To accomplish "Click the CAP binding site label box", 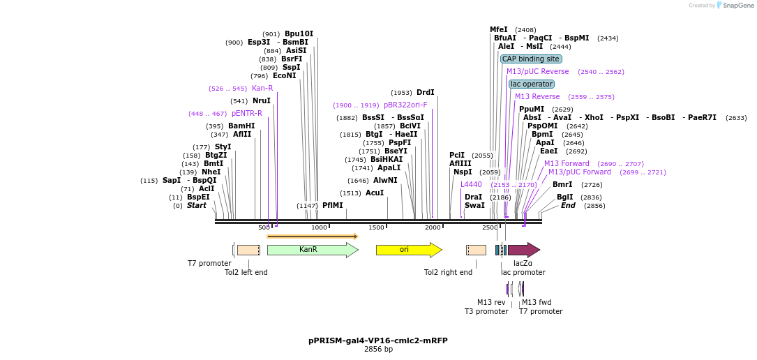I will coord(531,59).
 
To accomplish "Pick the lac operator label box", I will coord(532,84).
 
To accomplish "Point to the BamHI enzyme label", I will coord(241,126).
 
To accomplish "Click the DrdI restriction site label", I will coord(425,93).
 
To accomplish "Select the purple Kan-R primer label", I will coord(262,89).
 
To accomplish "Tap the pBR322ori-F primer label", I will coord(405,105).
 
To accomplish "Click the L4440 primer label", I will coord(471,185).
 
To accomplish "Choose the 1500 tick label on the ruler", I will coord(376,228).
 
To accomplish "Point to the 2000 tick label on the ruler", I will coord(433,228).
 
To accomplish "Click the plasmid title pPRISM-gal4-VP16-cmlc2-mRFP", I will coord(378,341).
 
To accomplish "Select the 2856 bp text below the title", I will coord(378,350).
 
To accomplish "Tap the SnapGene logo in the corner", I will coord(735,6).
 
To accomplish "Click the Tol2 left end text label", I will coord(246,272).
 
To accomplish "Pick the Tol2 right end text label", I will coord(448,272).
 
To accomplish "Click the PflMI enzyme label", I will coord(332,206).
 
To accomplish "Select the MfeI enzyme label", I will coord(499,30).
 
